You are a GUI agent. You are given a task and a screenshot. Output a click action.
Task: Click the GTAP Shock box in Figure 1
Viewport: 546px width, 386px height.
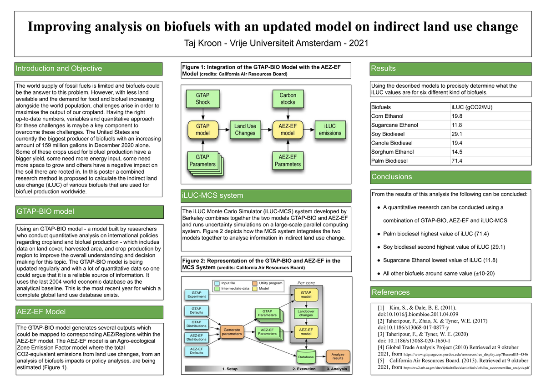click(x=202, y=99)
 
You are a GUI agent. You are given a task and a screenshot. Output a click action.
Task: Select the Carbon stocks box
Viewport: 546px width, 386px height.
click(x=288, y=99)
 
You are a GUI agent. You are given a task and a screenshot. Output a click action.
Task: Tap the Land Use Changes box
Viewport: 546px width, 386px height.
click(x=245, y=130)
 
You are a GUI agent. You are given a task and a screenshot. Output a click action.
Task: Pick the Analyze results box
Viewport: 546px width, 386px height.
click(x=337, y=357)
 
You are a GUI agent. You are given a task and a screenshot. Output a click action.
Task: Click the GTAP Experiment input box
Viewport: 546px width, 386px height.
click(x=194, y=295)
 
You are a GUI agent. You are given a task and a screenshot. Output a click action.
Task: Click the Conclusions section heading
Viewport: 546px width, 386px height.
click(x=391, y=177)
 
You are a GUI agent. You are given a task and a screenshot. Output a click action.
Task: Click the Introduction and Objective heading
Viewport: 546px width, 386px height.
click(x=59, y=69)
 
